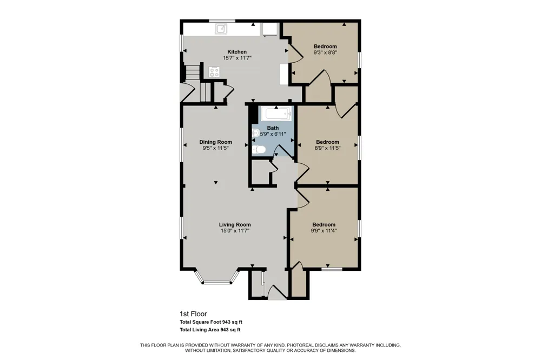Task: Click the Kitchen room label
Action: click(237, 52)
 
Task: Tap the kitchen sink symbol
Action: click(221, 29)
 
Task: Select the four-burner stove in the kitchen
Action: click(214, 72)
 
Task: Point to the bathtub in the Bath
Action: click(275, 114)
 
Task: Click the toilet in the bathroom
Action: click(259, 150)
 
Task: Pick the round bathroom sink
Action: click(256, 133)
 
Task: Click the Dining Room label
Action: click(216, 142)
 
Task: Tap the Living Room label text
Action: click(235, 225)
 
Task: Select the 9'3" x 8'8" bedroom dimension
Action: click(325, 53)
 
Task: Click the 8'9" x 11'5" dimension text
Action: click(327, 148)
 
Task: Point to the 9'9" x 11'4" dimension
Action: click(324, 231)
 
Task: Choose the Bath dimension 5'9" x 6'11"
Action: click(273, 134)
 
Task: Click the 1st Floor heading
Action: click(193, 314)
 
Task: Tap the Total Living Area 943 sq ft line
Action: click(210, 330)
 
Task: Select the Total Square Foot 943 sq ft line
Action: click(211, 322)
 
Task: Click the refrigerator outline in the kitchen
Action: click(269, 29)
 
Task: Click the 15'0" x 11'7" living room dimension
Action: click(235, 231)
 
